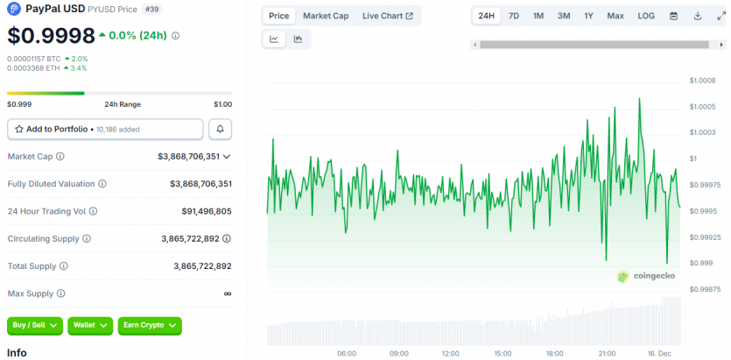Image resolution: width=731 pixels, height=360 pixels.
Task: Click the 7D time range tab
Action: [x=514, y=16]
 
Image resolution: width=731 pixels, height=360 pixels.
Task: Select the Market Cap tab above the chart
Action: [x=326, y=16]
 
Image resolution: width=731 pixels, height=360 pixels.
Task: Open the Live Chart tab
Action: [x=387, y=16]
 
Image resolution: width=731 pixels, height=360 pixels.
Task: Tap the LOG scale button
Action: [x=646, y=16]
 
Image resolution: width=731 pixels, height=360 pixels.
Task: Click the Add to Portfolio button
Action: [x=105, y=129]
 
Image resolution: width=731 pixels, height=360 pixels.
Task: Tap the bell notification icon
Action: [x=220, y=129]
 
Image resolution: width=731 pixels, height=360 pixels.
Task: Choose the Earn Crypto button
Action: [x=150, y=325]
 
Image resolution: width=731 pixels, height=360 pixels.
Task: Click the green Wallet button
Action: [x=91, y=325]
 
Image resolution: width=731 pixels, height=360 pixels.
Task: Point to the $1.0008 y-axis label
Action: [x=703, y=81]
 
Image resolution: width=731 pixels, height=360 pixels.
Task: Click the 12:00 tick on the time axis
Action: [x=451, y=354]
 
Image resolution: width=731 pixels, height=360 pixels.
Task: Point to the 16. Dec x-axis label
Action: [x=658, y=354]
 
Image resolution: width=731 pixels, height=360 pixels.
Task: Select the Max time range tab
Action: [x=615, y=16]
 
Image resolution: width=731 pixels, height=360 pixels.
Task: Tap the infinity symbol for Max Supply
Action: [x=228, y=293]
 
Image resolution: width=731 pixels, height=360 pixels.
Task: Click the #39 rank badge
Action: [x=151, y=10]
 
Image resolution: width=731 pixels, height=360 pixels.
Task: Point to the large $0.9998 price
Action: [x=50, y=36]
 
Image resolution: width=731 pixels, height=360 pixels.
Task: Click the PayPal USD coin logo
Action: [x=14, y=9]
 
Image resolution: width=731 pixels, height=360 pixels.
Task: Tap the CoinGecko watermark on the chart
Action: [x=646, y=276]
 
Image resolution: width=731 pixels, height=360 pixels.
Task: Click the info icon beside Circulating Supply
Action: [x=85, y=238]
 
